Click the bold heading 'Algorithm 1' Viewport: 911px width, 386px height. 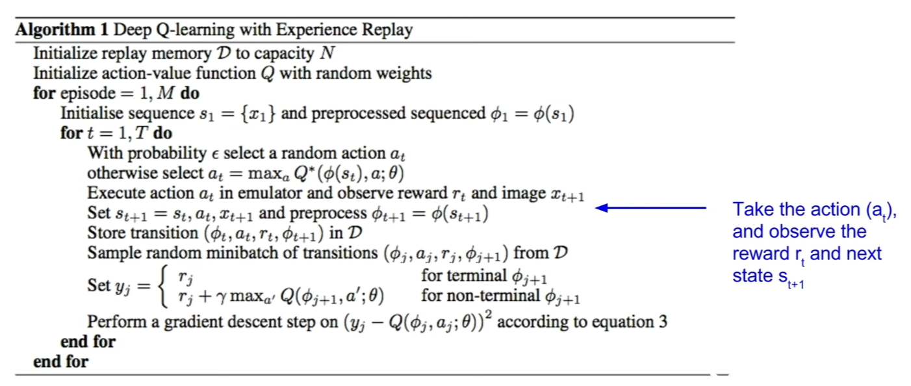pyautogui.click(x=62, y=30)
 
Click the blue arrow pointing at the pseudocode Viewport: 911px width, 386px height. pyautogui.click(x=650, y=208)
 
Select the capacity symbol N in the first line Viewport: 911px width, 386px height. pyautogui.click(x=327, y=53)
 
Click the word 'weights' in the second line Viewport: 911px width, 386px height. pyautogui.click(x=404, y=74)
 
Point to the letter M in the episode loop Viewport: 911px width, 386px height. pyautogui.click(x=166, y=93)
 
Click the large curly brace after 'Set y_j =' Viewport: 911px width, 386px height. pyautogui.click(x=163, y=287)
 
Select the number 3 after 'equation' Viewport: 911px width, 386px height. pyautogui.click(x=663, y=322)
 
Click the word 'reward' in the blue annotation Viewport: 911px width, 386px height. pyautogui.click(x=761, y=254)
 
